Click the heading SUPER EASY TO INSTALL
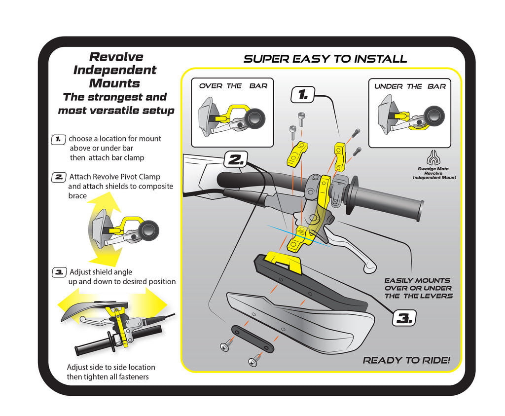pyautogui.click(x=325, y=59)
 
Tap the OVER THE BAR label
pyautogui.click(x=233, y=86)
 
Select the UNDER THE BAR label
pyautogui.click(x=410, y=86)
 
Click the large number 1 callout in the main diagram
pyautogui.click(x=302, y=94)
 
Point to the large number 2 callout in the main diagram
pyautogui.click(x=236, y=159)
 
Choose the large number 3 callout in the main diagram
pyautogui.click(x=404, y=318)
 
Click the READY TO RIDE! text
pyautogui.click(x=406, y=360)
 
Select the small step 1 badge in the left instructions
pyautogui.click(x=59, y=139)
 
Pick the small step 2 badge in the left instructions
pyautogui.click(x=59, y=177)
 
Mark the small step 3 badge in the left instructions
pyautogui.click(x=59, y=272)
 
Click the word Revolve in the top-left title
pyautogui.click(x=116, y=57)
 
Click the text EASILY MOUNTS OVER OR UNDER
pyautogui.click(x=418, y=284)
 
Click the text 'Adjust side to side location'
pyautogui.click(x=111, y=367)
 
